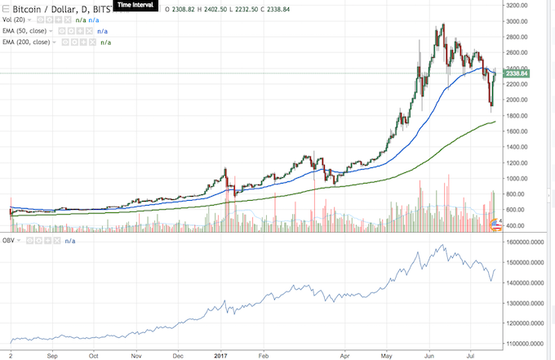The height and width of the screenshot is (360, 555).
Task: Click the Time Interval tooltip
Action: (137, 4)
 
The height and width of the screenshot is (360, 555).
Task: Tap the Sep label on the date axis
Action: (51, 356)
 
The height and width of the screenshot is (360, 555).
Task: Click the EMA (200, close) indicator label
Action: (27, 41)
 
